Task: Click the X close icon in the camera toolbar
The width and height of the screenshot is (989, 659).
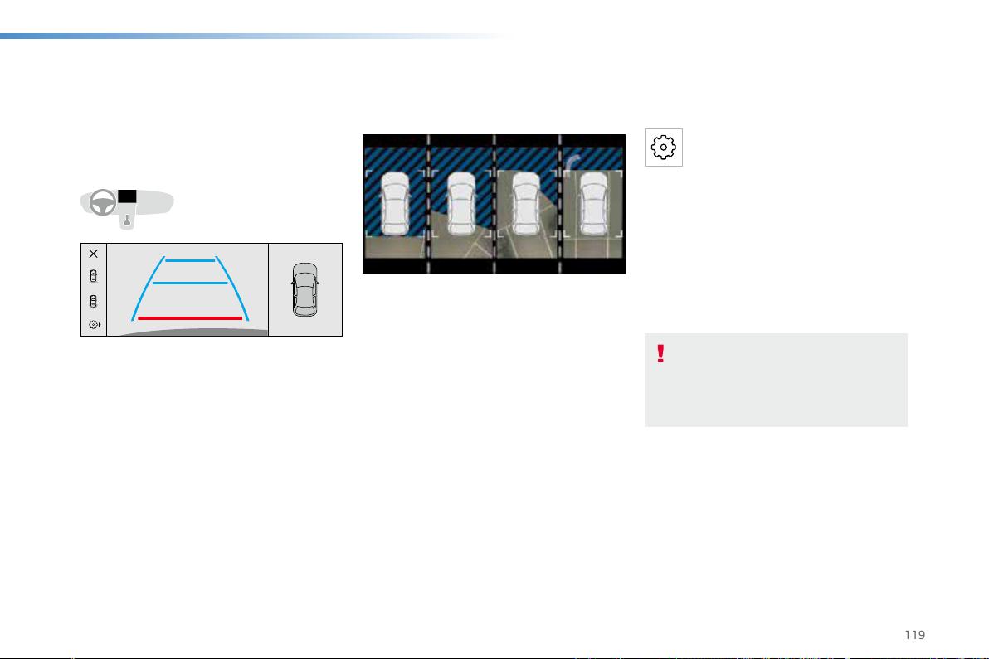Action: tap(94, 254)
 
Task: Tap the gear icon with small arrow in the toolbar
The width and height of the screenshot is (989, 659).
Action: tap(95, 324)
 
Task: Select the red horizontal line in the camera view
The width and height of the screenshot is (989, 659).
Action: tap(190, 318)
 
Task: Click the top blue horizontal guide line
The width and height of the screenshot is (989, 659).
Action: tap(190, 260)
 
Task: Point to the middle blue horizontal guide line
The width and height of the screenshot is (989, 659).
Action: tap(190, 283)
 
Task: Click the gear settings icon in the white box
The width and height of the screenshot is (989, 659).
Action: tap(664, 148)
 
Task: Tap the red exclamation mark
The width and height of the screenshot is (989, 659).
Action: tap(660, 353)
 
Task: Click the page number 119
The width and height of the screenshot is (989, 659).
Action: tap(914, 635)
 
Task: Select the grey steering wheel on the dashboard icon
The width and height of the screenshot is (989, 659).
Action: tap(103, 203)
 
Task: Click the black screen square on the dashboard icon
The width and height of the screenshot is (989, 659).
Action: tap(127, 196)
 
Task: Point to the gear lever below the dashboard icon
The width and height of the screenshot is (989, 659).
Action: tap(127, 220)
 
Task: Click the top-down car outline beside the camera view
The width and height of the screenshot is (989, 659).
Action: tap(305, 290)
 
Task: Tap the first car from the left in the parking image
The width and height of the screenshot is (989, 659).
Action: tap(396, 203)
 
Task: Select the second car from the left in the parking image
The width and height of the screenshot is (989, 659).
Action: tap(461, 203)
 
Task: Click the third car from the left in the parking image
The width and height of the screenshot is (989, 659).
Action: tap(527, 203)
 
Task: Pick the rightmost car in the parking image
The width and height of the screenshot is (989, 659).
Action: tap(593, 203)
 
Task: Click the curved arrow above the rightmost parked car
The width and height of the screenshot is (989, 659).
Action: tap(572, 162)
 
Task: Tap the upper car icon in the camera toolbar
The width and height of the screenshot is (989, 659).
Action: tap(94, 276)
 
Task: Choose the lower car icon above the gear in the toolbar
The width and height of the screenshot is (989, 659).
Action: tap(94, 301)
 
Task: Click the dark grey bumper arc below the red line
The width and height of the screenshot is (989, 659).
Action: tap(193, 332)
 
